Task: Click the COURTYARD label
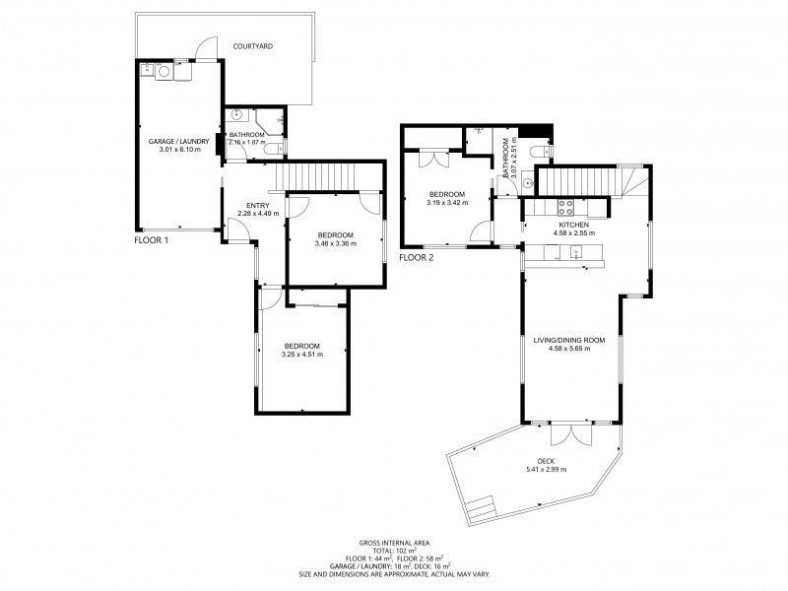coord(253,46)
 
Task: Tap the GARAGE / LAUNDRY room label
coord(178,142)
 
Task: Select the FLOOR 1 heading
coord(152,240)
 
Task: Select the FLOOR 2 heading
coord(416,258)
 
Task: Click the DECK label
coord(546,461)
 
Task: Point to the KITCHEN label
coord(574,226)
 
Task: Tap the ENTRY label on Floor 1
coord(258,206)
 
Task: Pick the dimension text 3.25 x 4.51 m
coord(302,355)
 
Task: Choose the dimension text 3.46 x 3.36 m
coord(336,243)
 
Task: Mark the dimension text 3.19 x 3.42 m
coord(447,203)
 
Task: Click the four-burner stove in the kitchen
coord(565,208)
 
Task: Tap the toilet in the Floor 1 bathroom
coord(275,149)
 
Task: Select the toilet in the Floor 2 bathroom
coord(541,151)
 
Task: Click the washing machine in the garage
coord(164,71)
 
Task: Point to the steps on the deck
coord(481,509)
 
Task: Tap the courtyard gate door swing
coord(206,48)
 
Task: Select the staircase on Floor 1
coord(316,176)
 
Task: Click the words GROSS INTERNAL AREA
coord(394,543)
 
